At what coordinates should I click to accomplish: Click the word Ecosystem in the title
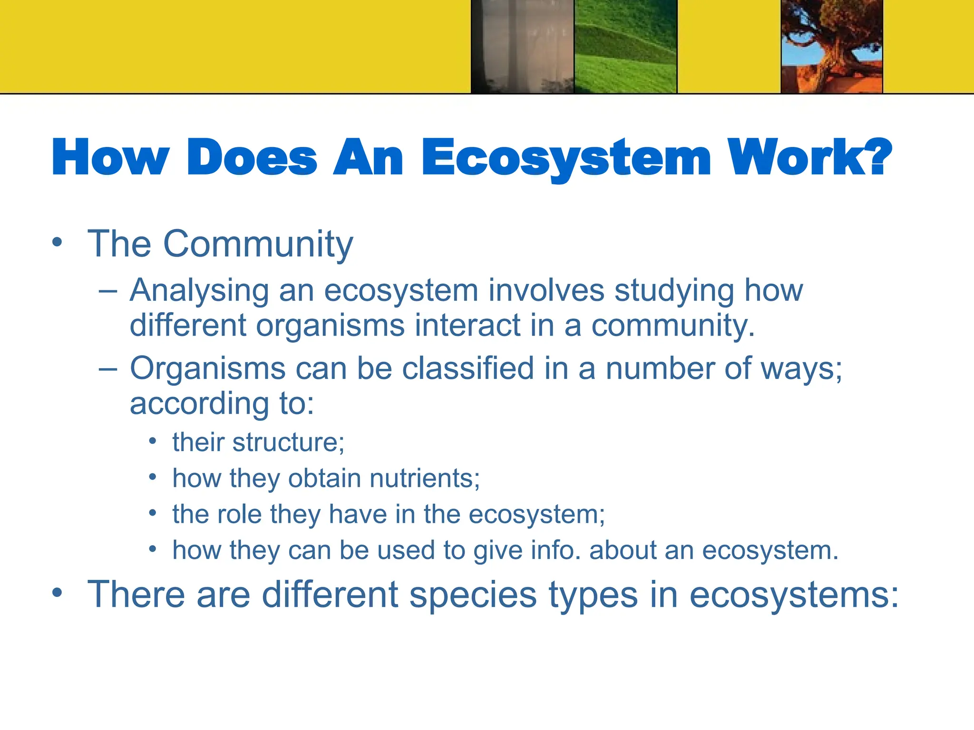coord(566,158)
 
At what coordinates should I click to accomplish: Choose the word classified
coord(468,368)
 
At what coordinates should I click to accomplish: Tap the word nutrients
coord(424,479)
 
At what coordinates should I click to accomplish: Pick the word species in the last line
coord(474,595)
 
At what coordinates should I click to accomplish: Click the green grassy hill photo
coord(625,47)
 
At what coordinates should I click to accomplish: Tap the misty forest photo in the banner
coord(522,47)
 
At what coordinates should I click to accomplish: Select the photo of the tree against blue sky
coord(832,47)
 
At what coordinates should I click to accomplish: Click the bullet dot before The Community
coord(57,242)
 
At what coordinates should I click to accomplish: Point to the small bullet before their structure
coord(152,441)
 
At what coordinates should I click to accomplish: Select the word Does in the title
coord(252,158)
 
